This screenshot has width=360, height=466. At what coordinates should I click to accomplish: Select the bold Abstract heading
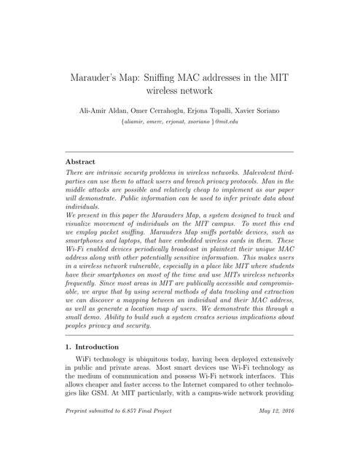81,161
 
